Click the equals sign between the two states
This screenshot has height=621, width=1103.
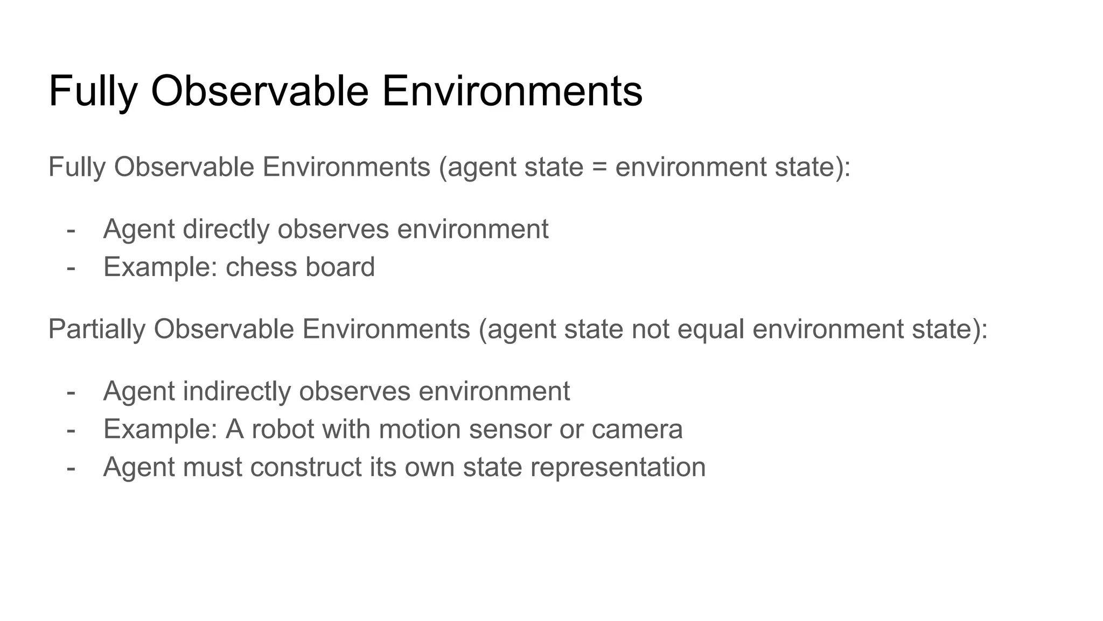point(599,167)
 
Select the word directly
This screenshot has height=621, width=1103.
point(226,229)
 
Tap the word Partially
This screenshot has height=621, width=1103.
point(96,329)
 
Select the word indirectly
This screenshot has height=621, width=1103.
point(236,391)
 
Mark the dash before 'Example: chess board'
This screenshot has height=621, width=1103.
point(71,267)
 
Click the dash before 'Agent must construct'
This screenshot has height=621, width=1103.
point(71,467)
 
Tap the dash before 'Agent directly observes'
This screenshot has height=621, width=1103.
point(71,230)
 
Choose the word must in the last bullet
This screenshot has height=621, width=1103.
point(212,467)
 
